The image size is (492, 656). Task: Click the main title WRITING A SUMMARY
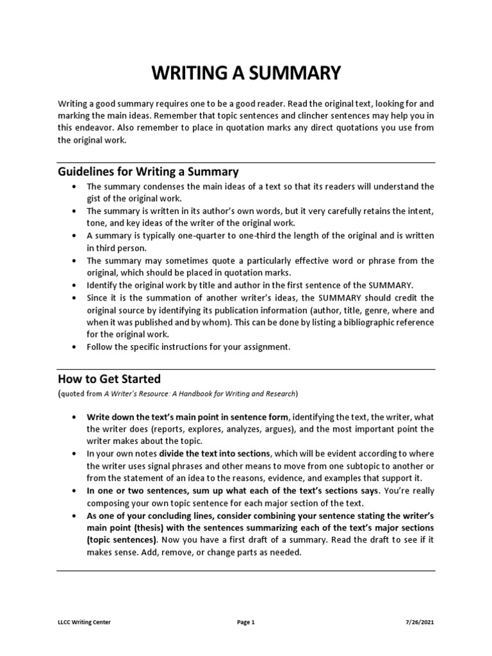[246, 73]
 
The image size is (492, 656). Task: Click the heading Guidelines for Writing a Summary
[148, 172]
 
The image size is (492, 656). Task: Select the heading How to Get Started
[109, 378]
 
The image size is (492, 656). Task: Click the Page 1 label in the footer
[245, 621]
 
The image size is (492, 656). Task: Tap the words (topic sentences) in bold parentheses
[121, 540]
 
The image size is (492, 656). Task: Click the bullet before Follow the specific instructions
[75, 347]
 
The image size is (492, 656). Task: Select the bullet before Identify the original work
[75, 285]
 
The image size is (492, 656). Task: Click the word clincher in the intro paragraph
[298, 115]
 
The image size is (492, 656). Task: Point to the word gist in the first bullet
[95, 199]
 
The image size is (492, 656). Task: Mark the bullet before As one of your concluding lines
[75, 515]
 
